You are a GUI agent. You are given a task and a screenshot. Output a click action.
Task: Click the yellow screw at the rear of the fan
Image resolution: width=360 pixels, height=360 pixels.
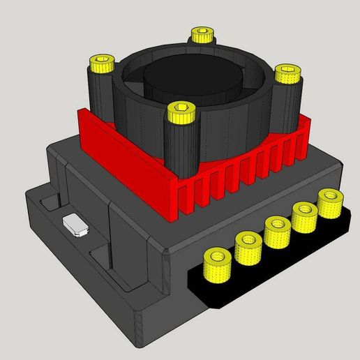point(201,34)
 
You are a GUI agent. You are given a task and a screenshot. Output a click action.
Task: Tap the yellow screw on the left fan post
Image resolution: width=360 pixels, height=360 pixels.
point(102,65)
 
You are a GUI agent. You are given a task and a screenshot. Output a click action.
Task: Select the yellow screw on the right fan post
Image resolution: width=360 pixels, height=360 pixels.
point(286,73)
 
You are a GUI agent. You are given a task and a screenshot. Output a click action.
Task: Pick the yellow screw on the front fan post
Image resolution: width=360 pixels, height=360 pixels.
point(181,112)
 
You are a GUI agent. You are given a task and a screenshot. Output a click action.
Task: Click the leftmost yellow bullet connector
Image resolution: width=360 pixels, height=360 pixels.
point(217,266)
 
